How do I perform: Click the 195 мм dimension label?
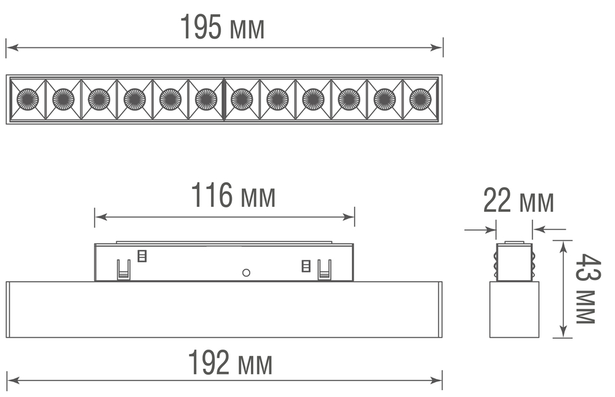point(222,28)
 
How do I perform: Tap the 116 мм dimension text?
point(232,196)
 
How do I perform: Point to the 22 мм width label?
point(518,201)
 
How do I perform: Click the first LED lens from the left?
point(28,99)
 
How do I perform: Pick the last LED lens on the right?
point(421,99)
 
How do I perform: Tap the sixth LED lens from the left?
point(206,99)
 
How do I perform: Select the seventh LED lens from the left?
point(242,99)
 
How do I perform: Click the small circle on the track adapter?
point(246,272)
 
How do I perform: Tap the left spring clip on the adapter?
point(124,269)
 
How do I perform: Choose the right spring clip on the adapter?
point(324,269)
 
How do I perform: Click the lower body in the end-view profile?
point(514,310)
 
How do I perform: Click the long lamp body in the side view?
point(224,310)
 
